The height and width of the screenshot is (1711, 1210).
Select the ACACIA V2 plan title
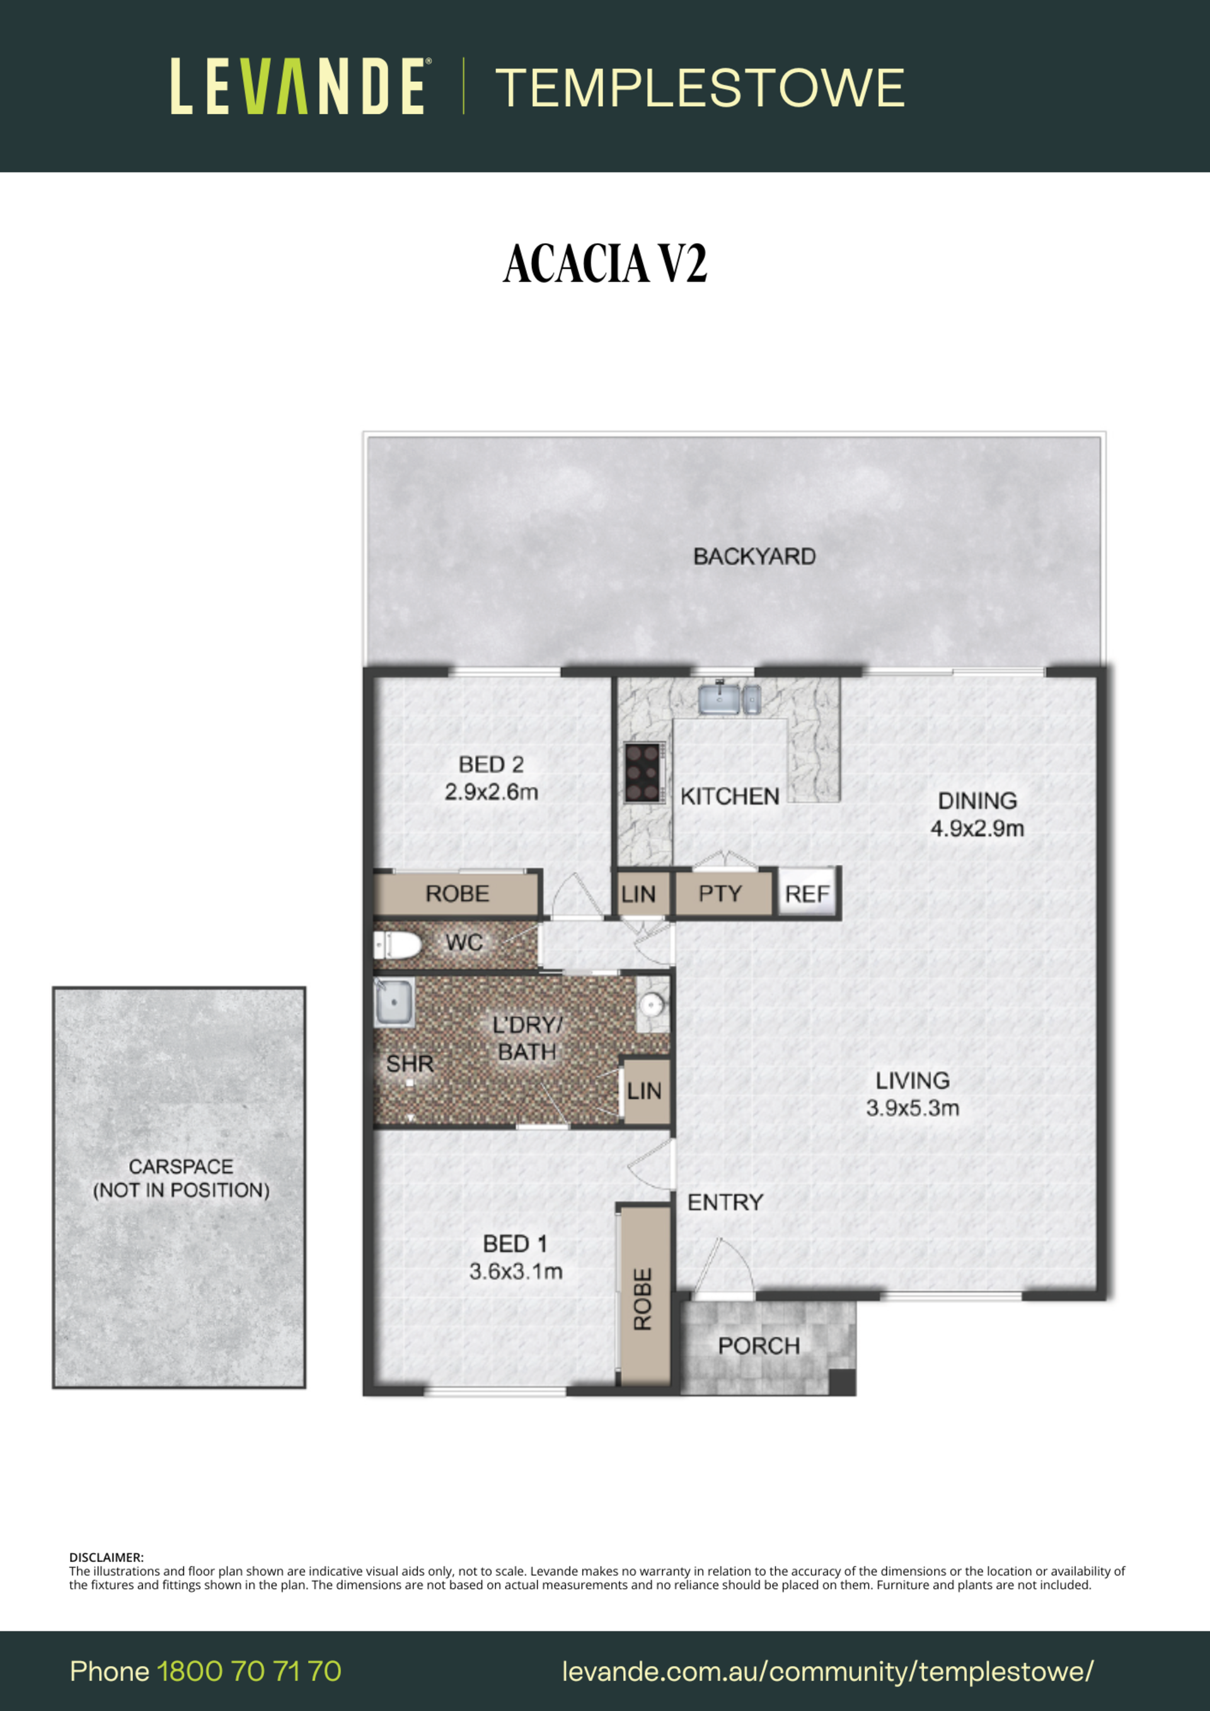pos(604,264)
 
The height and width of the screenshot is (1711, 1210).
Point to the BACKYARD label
pos(754,557)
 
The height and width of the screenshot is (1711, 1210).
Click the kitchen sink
pos(720,698)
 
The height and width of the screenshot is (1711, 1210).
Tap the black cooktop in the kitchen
pos(643,772)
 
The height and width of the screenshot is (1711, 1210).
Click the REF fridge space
pos(807,893)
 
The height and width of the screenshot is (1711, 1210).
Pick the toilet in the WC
pos(398,946)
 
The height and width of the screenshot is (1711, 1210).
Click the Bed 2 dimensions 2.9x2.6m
pos(492,791)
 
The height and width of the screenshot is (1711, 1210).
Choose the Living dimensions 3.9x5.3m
pos(913,1108)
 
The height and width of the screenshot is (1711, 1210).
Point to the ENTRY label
pos(725,1202)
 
